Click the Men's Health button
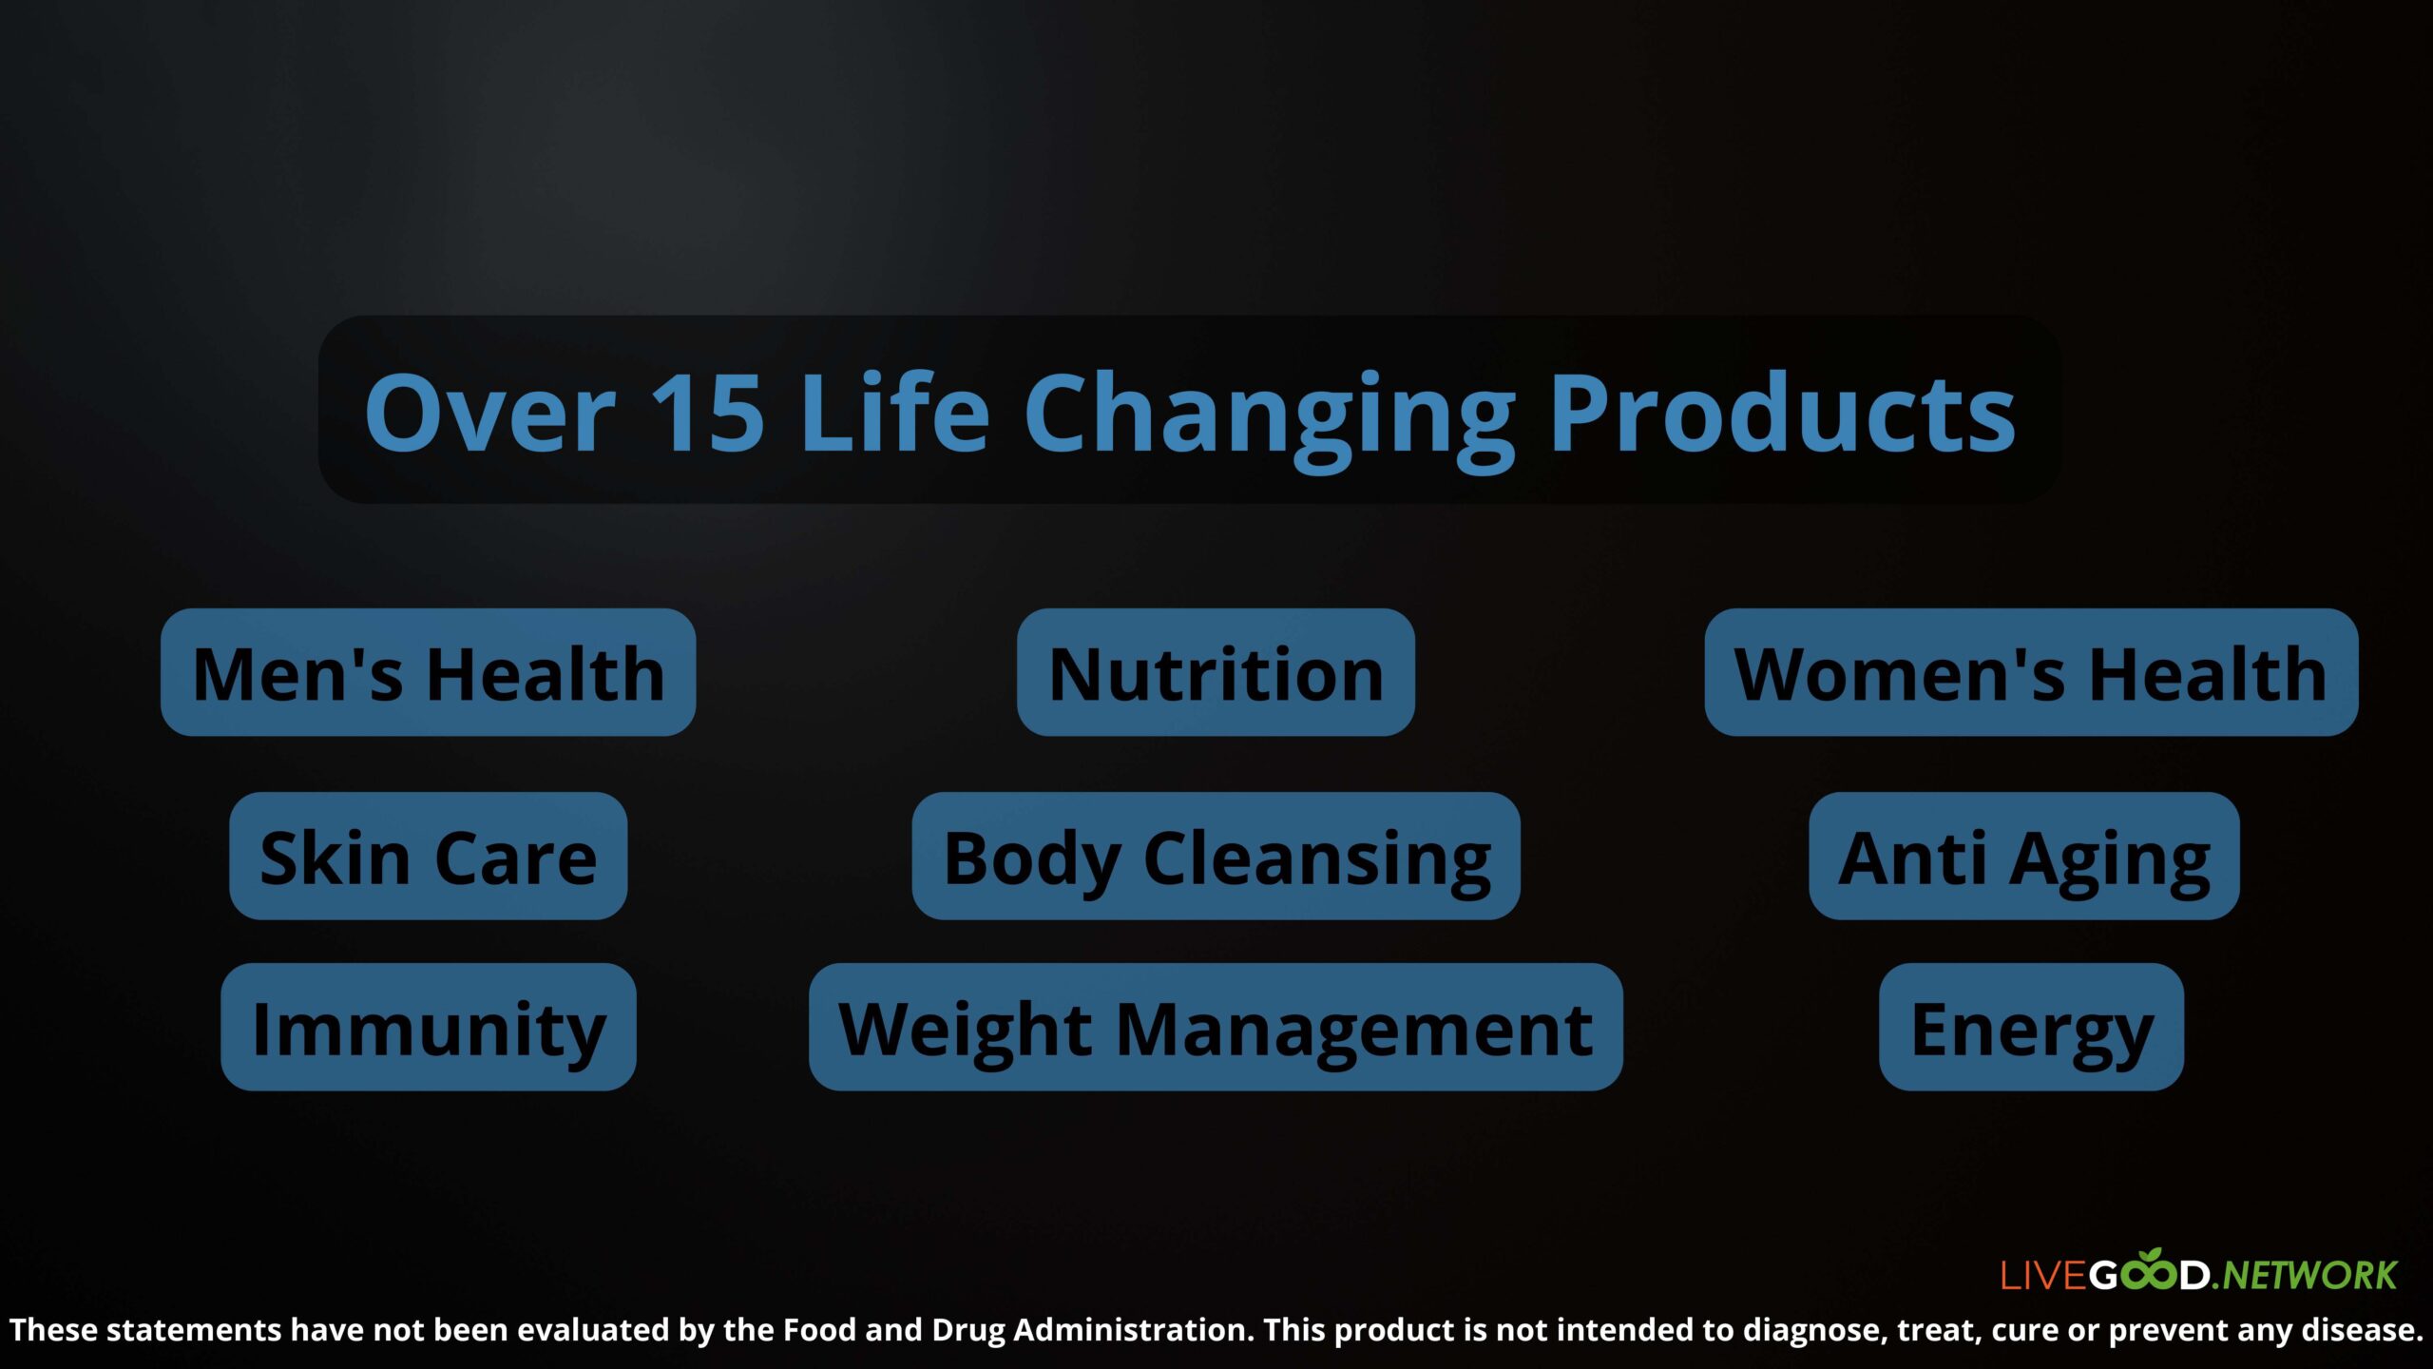coord(428,672)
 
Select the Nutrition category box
coord(1216,672)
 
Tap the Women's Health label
coord(2031,672)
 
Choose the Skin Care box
coord(428,856)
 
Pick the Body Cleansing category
coord(1216,856)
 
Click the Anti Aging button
coord(2024,856)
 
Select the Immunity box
coord(428,1027)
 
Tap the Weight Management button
coord(1216,1027)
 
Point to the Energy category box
coord(2031,1027)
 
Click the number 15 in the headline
coord(708,413)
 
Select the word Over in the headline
coord(490,413)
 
